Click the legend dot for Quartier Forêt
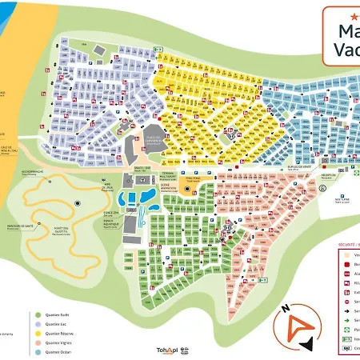point(38,314)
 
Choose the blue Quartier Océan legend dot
point(38,351)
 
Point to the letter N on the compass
point(286,308)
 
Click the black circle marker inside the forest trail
point(78,203)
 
